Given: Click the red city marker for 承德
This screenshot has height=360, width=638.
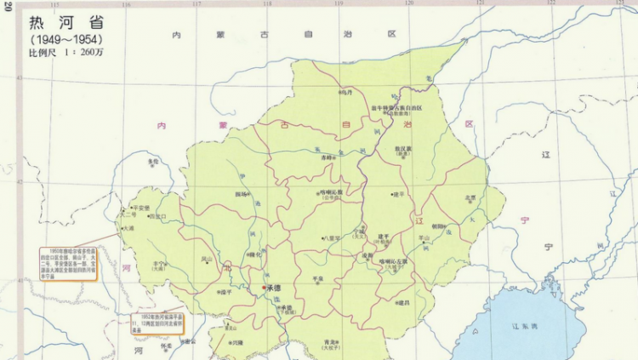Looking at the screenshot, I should [x=264, y=289].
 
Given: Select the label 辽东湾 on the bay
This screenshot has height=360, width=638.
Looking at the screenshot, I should [x=514, y=326].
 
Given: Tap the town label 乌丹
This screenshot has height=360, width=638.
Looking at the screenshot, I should [x=346, y=92].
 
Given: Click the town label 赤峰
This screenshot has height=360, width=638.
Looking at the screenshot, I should [x=327, y=157].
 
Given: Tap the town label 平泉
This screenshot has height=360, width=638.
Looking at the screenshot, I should [x=317, y=278].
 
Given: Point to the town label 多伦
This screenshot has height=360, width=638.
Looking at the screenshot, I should [x=153, y=161].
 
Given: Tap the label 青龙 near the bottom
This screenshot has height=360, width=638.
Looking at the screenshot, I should [x=331, y=341].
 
